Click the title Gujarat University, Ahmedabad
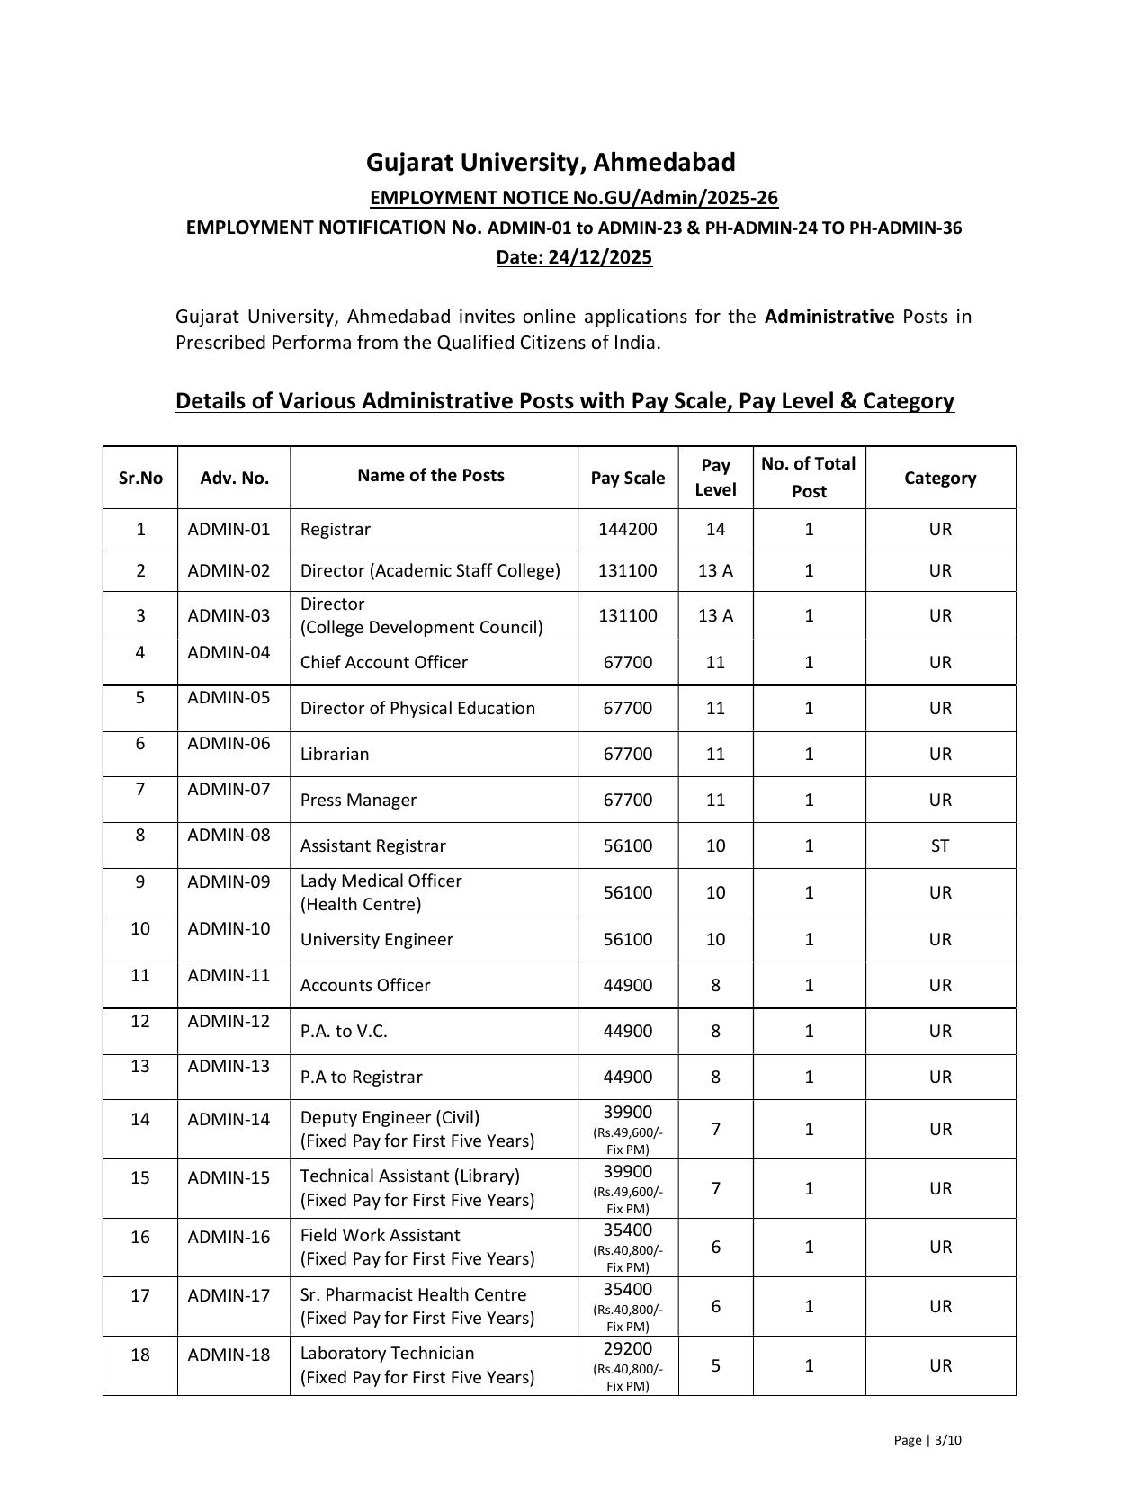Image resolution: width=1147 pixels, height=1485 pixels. [551, 163]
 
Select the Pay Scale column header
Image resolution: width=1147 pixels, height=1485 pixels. [627, 479]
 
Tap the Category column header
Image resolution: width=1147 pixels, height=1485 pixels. [940, 479]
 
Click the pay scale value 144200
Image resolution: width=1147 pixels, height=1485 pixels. [627, 529]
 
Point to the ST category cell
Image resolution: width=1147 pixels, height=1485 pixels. [940, 845]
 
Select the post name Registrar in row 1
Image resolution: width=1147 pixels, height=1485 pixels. [336, 530]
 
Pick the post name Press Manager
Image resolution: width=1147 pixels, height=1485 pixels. [358, 801]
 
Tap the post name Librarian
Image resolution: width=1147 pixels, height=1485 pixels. [335, 755]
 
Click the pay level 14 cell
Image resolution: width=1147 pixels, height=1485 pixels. [715, 529]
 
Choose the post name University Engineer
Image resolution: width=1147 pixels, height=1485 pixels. [376, 940]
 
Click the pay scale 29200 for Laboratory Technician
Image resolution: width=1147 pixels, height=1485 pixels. [627, 1349]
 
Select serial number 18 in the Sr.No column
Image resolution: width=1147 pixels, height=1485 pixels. [140, 1355]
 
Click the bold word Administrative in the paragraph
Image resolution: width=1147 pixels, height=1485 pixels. [829, 317]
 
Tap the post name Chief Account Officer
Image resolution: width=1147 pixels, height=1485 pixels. [384, 663]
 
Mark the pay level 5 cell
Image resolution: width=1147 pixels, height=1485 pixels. [715, 1365]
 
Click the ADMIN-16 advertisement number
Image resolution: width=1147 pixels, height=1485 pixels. [229, 1238]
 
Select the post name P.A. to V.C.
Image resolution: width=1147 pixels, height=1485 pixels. [344, 1032]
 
